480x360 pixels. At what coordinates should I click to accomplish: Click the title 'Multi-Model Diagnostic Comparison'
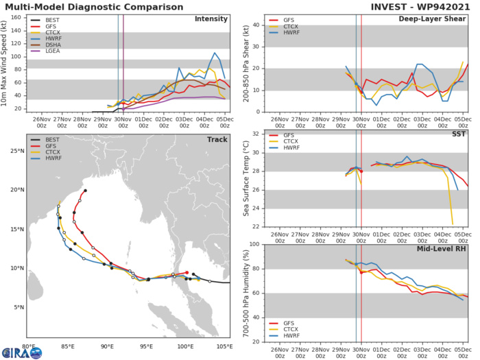click(90, 6)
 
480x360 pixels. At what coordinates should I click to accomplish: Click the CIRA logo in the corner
click(21, 352)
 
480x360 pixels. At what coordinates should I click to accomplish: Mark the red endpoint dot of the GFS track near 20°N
click(85, 191)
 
